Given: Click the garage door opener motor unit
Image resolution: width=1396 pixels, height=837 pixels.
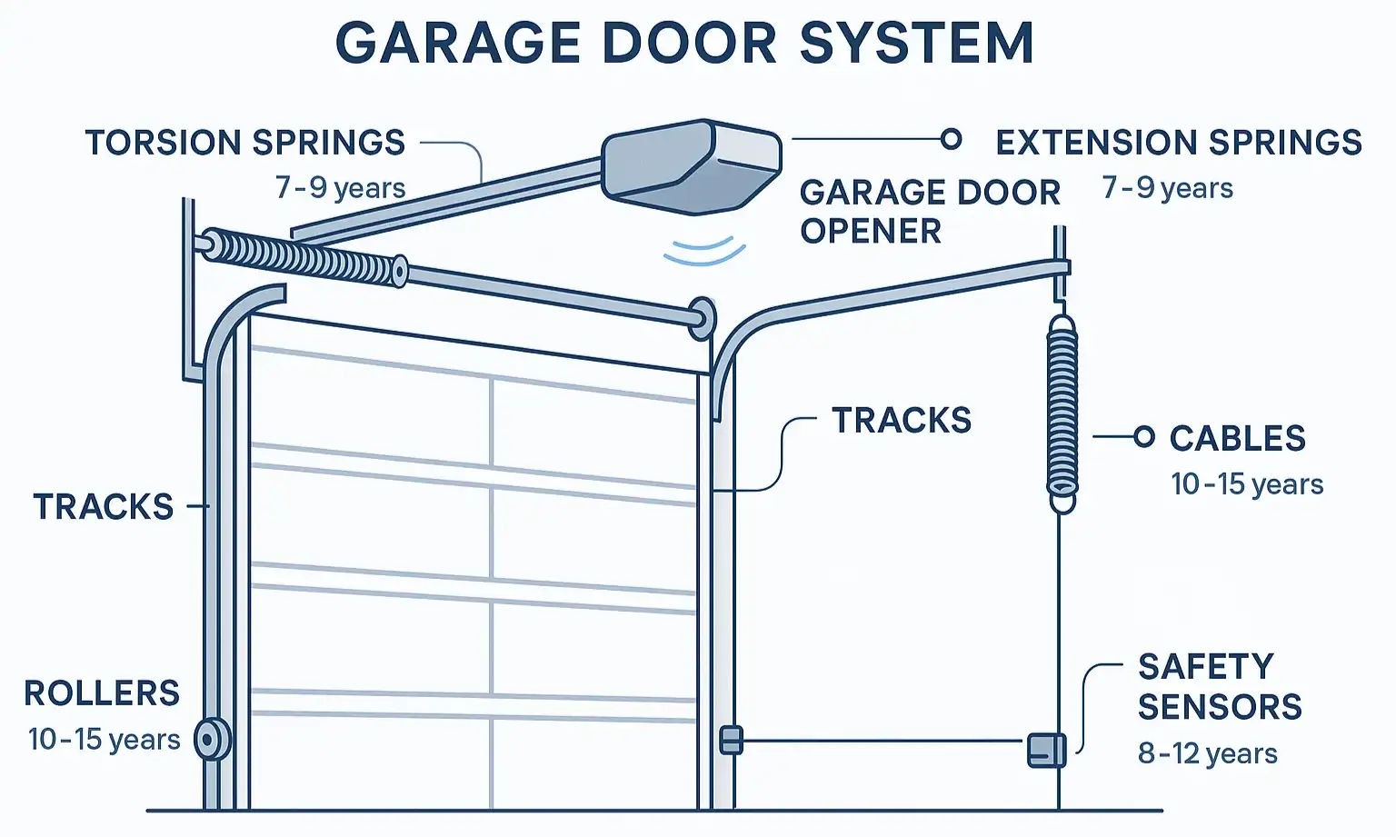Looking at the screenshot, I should pyautogui.click(x=692, y=166).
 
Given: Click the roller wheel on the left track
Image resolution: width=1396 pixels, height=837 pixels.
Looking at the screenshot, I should pyautogui.click(x=212, y=740).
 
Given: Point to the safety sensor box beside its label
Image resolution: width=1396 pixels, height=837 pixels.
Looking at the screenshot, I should pyautogui.click(x=1046, y=750).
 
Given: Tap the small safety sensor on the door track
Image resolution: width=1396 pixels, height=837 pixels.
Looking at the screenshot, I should pyautogui.click(x=731, y=741).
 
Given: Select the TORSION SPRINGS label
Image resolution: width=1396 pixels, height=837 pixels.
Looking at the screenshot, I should pyautogui.click(x=245, y=143).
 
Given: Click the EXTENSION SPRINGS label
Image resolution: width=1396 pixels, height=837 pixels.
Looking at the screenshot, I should pyautogui.click(x=1179, y=143).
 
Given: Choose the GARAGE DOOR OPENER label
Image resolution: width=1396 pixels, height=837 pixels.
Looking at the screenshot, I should pyautogui.click(x=929, y=211).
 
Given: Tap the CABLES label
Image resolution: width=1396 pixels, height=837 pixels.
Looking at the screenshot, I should pyautogui.click(x=1237, y=438).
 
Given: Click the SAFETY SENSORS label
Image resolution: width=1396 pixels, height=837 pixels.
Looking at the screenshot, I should pyautogui.click(x=1219, y=686).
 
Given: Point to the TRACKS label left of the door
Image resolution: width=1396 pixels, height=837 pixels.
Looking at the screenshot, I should pyautogui.click(x=104, y=506).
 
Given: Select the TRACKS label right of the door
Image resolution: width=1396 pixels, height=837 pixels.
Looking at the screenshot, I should pyautogui.click(x=902, y=421).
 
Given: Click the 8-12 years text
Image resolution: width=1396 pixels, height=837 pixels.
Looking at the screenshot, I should pyautogui.click(x=1207, y=753).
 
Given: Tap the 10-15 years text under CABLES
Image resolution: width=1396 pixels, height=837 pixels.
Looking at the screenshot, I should pyautogui.click(x=1246, y=483).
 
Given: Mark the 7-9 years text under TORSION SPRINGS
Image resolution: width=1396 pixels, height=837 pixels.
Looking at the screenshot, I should pyautogui.click(x=340, y=188).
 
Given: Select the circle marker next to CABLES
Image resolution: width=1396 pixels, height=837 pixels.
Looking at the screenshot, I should pyautogui.click(x=1144, y=437).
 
